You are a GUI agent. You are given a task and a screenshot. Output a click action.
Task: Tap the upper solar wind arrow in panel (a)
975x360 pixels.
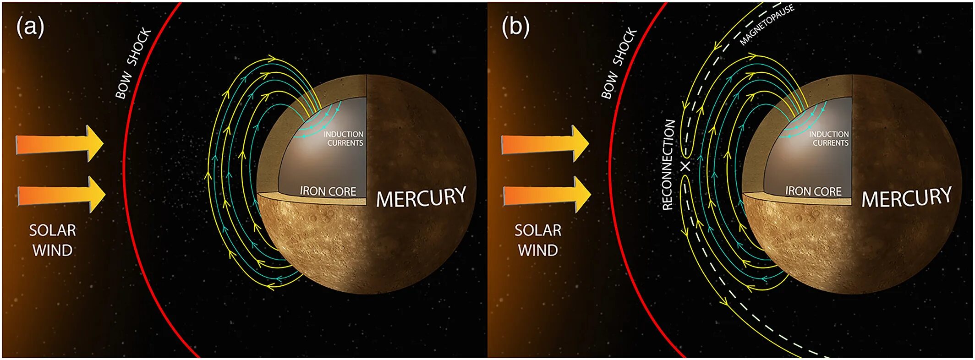click(x=60, y=144)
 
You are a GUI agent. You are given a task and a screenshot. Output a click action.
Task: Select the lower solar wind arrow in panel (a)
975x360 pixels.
click(x=61, y=194)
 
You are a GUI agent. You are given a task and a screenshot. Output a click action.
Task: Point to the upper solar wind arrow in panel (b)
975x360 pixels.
click(x=545, y=144)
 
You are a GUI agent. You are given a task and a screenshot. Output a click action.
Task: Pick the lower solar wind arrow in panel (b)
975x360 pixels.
click(x=547, y=194)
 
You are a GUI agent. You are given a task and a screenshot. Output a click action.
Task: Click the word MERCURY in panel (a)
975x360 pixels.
click(x=421, y=197)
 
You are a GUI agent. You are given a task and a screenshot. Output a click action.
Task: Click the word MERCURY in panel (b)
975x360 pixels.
click(x=906, y=197)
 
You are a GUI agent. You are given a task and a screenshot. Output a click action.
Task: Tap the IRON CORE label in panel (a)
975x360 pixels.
click(x=328, y=191)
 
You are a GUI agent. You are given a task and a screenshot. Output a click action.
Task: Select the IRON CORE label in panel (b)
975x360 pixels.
click(x=813, y=191)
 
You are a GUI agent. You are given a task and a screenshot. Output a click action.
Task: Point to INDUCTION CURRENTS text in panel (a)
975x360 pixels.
click(x=344, y=138)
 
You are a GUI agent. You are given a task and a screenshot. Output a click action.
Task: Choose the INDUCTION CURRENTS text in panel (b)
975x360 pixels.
click(x=829, y=138)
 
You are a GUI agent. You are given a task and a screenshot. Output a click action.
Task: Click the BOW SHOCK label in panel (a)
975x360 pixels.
click(x=133, y=63)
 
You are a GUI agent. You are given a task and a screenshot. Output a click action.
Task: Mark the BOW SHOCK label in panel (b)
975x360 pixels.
click(x=619, y=63)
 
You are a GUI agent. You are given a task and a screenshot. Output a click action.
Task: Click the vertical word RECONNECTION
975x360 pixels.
click(x=668, y=165)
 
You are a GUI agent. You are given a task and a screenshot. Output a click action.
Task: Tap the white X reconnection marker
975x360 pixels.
click(x=685, y=166)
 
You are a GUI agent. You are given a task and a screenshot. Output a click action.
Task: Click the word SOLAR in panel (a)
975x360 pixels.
click(x=53, y=230)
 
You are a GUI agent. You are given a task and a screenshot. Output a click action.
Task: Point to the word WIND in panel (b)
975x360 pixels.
click(x=538, y=251)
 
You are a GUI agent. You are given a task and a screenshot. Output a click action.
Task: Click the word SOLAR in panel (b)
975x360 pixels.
click(x=538, y=230)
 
